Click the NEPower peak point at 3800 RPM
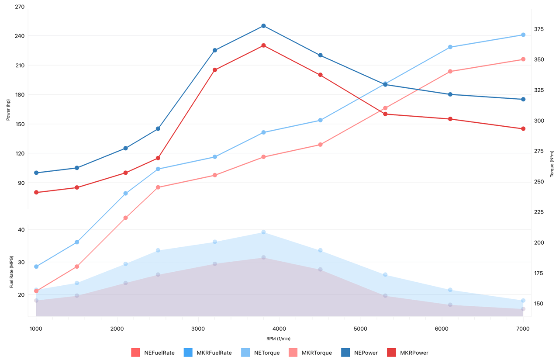pyautogui.click(x=263, y=26)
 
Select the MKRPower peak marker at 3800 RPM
pyautogui.click(x=263, y=45)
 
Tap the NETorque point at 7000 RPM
pyautogui.click(x=523, y=35)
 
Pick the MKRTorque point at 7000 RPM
pyautogui.click(x=523, y=59)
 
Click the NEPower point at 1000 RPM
pyautogui.click(x=36, y=173)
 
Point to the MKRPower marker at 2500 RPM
pyautogui.click(x=158, y=158)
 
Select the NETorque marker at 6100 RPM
pyautogui.click(x=450, y=47)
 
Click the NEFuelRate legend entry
pyautogui.click(x=153, y=353)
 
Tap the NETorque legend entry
pyautogui.click(x=261, y=353)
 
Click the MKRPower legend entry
pyautogui.click(x=408, y=353)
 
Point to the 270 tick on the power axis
pyautogui.click(x=20, y=7)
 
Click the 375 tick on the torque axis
pyautogui.click(x=539, y=29)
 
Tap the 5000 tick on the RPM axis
pyautogui.click(x=361, y=329)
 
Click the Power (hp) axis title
pyautogui.click(x=8, y=110)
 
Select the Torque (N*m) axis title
pyautogui.click(x=552, y=164)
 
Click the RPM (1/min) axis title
pyautogui.click(x=278, y=339)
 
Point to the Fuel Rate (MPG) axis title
pyautogui.click(x=12, y=272)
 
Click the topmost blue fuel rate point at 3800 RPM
pyautogui.click(x=263, y=232)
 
